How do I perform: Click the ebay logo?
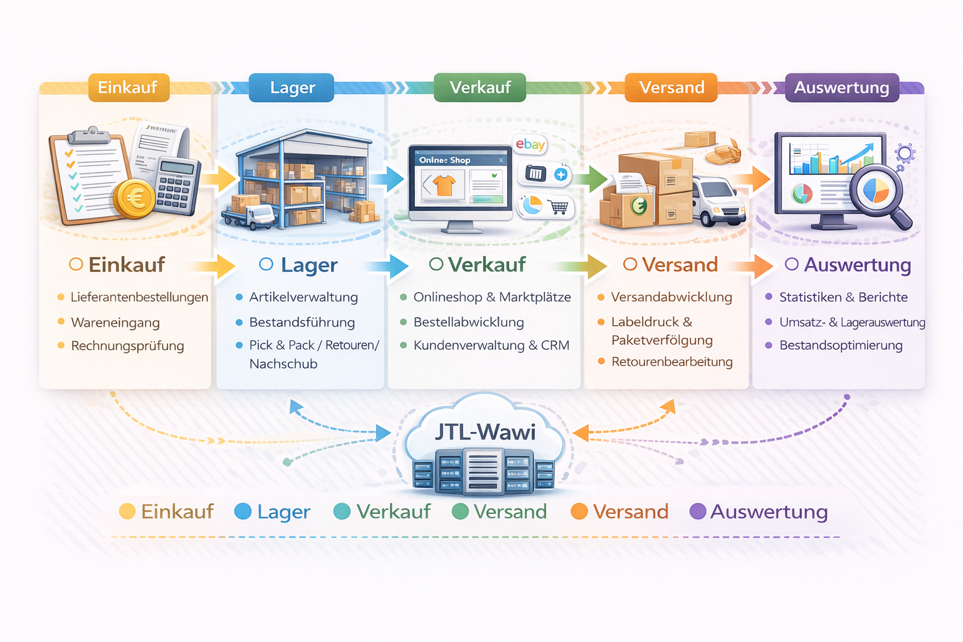(530, 145)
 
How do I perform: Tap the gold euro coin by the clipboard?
(134, 199)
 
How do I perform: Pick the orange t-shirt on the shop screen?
(444, 185)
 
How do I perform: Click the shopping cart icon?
(557, 206)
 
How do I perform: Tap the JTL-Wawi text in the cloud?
(485, 432)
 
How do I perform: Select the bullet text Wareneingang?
(115, 323)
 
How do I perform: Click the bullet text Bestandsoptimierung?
(841, 345)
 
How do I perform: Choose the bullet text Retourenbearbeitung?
(671, 362)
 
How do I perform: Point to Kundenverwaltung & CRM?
(491, 345)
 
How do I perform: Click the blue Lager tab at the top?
(292, 88)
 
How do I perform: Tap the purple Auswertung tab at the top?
(841, 88)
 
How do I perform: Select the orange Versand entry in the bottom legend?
(630, 512)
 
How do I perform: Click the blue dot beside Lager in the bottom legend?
(243, 512)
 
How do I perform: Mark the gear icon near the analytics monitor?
(905, 153)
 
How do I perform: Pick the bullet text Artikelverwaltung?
(303, 297)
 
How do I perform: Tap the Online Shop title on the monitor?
(445, 160)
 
